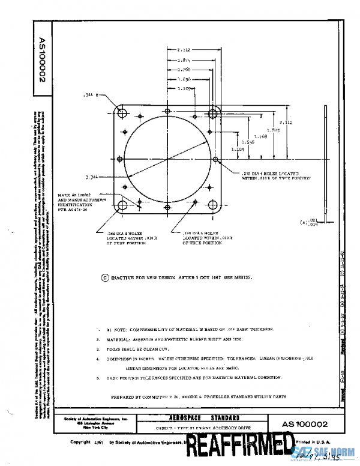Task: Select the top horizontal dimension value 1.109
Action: click(x=185, y=88)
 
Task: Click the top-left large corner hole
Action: click(x=122, y=113)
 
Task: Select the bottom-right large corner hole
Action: click(x=213, y=206)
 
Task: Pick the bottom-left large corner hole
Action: click(x=122, y=206)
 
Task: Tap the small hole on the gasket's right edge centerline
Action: click(x=216, y=160)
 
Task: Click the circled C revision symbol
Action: click(x=106, y=278)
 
